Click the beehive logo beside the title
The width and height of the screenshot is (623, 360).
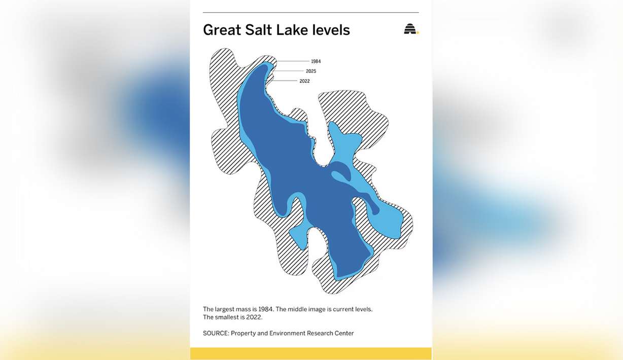[x=410, y=29]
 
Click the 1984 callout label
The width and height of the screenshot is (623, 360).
[x=316, y=61]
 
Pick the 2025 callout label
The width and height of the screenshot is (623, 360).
[x=310, y=71]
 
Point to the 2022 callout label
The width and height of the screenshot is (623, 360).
[x=304, y=81]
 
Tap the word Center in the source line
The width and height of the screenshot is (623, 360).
[x=343, y=334]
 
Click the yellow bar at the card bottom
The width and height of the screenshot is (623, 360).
[x=311, y=353]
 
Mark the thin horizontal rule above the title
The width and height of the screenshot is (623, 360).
[x=311, y=12]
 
